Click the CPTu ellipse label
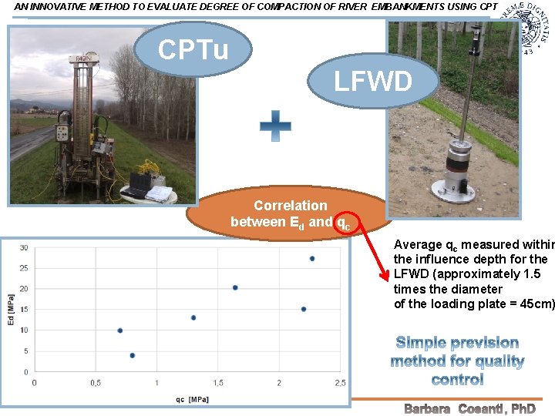point(193,50)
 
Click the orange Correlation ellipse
point(291,214)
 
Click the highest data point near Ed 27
point(312,259)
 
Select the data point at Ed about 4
point(133,355)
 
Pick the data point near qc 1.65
point(235,287)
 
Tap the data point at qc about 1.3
point(193,317)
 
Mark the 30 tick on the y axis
point(24,247)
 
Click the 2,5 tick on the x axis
point(339,383)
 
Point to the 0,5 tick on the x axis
point(96,383)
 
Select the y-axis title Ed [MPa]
point(11,310)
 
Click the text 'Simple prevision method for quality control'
point(457,361)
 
